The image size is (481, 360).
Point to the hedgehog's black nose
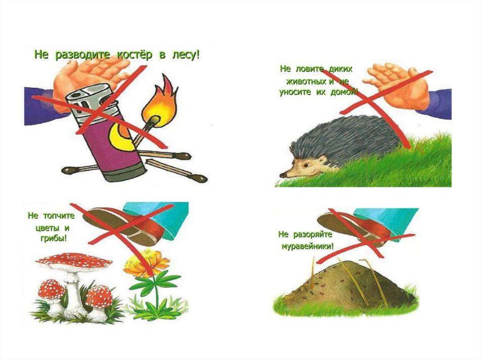tap(282, 175)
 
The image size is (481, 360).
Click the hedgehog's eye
tap(306, 165)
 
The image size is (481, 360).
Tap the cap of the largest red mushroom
tap(74, 262)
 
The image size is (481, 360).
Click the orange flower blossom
tap(147, 262)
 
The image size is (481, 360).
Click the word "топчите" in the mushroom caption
tap(59, 216)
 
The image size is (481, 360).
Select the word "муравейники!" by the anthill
tap(307, 246)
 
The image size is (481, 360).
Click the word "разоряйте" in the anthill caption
tap(313, 235)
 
